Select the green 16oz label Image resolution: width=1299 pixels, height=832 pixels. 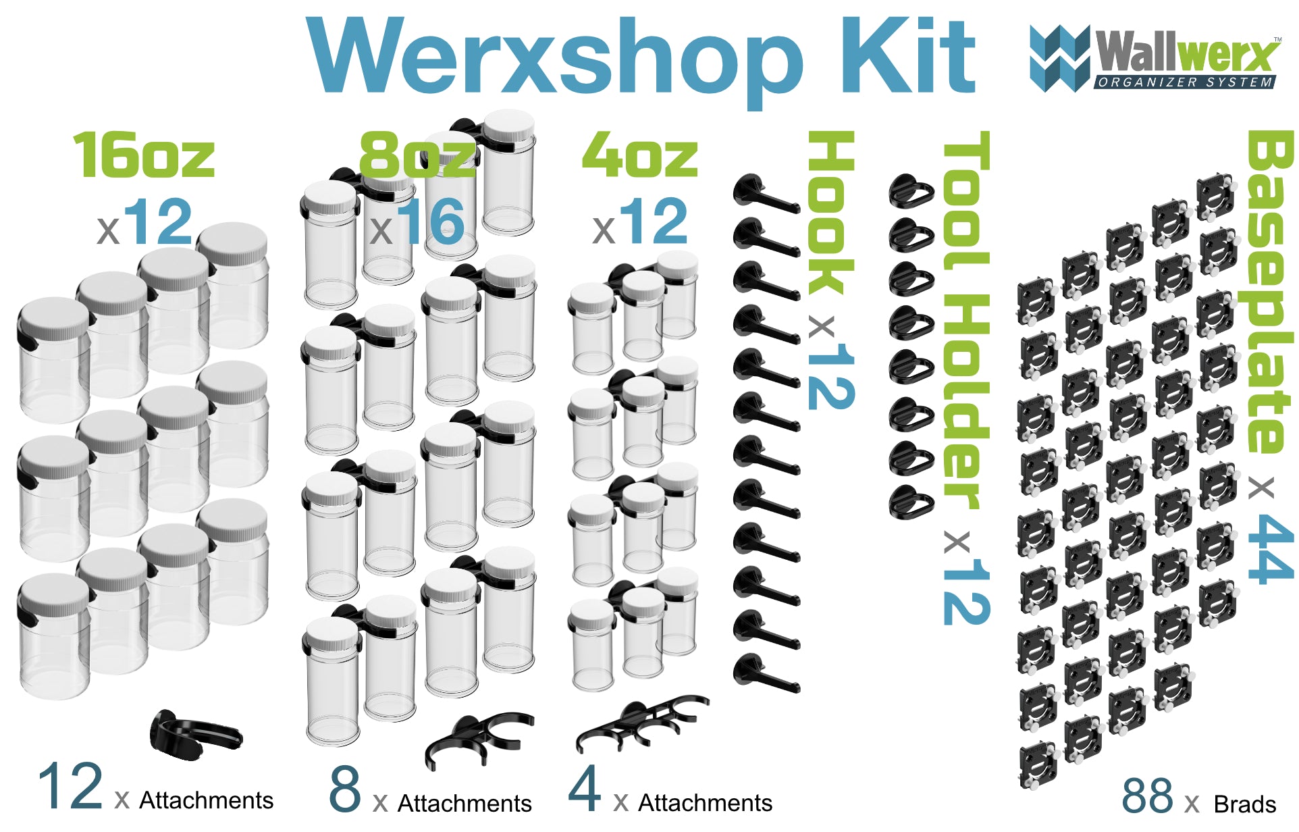pyautogui.click(x=143, y=156)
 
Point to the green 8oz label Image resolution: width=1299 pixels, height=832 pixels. pyautogui.click(x=417, y=156)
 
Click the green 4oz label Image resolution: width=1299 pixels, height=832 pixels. pyautogui.click(x=639, y=156)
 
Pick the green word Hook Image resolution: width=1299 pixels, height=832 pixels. pyautogui.click(x=831, y=213)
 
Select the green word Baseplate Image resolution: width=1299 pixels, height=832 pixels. pyautogui.click(x=1270, y=290)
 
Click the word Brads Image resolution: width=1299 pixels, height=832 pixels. pyautogui.click(x=1244, y=804)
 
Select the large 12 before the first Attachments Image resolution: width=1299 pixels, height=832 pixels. pyautogui.click(x=70, y=787)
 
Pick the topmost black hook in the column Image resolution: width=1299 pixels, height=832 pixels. pyautogui.click(x=765, y=194)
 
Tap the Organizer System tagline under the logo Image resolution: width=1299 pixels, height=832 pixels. pyautogui.click(x=1184, y=82)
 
